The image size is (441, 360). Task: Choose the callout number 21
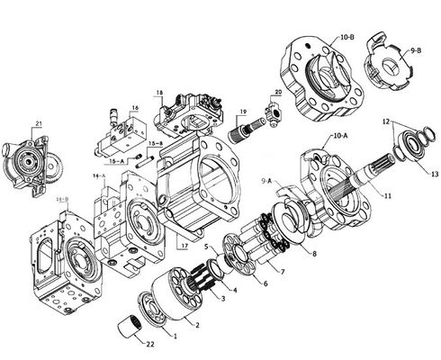[39, 122]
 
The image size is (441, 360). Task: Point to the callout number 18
[159, 93]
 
